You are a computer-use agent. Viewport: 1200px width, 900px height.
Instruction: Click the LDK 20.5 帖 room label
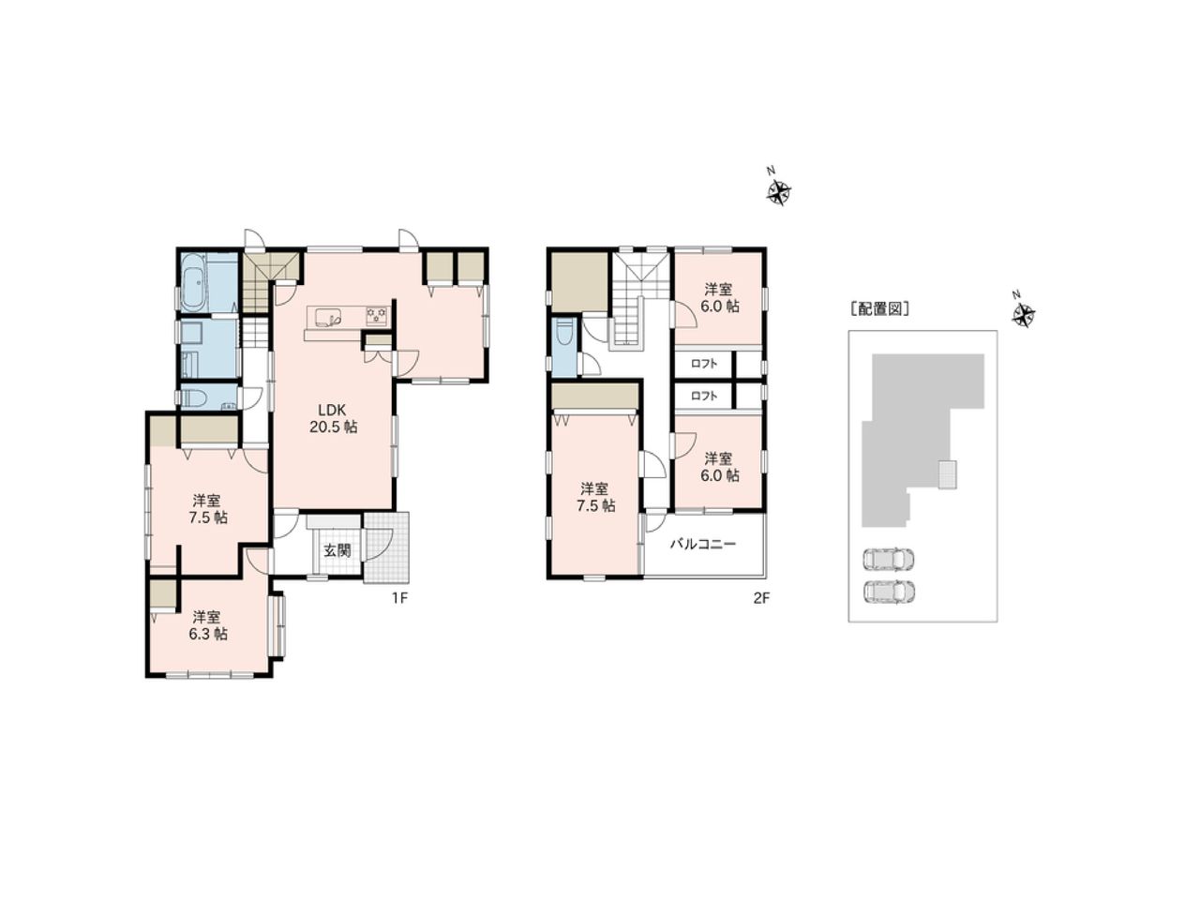(333, 418)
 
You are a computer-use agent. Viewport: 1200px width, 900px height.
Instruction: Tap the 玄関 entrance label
(337, 550)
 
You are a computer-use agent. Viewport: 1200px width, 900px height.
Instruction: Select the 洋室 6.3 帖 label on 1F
(208, 625)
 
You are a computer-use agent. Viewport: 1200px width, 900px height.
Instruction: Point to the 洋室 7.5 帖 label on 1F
(208, 509)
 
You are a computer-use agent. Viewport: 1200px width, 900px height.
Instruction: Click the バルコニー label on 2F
(702, 545)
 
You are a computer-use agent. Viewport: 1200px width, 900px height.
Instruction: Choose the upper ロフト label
(703, 364)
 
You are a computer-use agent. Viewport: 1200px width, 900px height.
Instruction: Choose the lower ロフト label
(703, 397)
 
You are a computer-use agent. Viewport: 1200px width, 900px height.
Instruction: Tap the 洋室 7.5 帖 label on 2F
(595, 497)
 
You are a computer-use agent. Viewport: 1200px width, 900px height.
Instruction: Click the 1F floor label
(399, 598)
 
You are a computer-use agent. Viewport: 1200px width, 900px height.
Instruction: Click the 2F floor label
(761, 598)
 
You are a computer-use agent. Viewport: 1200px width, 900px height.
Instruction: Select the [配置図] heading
(879, 309)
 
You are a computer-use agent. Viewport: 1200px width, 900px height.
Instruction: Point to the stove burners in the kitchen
(377, 316)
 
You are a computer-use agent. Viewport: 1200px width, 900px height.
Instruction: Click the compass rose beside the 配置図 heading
(1023, 314)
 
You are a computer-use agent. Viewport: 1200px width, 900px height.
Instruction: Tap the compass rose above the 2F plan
(778, 190)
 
